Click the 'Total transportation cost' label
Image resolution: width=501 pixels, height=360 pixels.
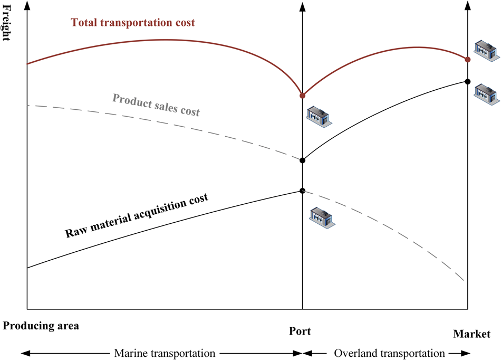pyautogui.click(x=133, y=23)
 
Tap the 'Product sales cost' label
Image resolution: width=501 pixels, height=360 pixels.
pyautogui.click(x=157, y=105)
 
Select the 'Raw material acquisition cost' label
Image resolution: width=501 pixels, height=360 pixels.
pyautogui.click(x=137, y=215)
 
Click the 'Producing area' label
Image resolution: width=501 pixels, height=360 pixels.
pyautogui.click(x=41, y=326)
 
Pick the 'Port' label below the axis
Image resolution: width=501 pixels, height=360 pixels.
pyautogui.click(x=300, y=331)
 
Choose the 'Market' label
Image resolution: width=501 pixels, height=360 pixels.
pyautogui.click(x=471, y=334)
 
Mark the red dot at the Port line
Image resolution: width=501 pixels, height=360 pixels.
pyautogui.click(x=302, y=96)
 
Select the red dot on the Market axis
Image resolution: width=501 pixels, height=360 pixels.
pyautogui.click(x=467, y=59)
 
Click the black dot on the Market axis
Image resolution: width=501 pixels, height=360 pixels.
pyautogui.click(x=467, y=81)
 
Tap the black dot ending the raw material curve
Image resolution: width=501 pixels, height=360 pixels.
pyautogui.click(x=302, y=191)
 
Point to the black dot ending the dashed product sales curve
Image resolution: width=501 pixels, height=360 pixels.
pyautogui.click(x=302, y=160)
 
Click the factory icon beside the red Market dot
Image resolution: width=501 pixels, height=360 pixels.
pyautogui.click(x=486, y=48)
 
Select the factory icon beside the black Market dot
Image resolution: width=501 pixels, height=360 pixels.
pyautogui.click(x=486, y=92)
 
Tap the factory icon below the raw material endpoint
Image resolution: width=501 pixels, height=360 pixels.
pyautogui.click(x=322, y=216)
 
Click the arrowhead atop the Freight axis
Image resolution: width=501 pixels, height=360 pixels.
pyautogui.click(x=27, y=5)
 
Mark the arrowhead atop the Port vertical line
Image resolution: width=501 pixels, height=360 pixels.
pyautogui.click(x=302, y=5)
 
